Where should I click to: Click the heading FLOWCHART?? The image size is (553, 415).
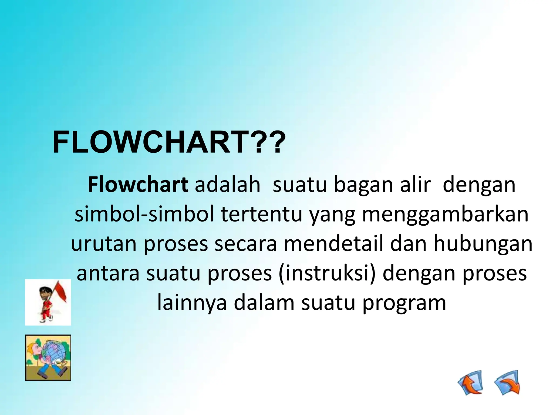(169, 142)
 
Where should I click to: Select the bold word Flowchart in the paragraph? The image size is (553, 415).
(138, 185)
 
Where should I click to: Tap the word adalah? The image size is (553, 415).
(228, 185)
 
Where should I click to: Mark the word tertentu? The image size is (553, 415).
(261, 214)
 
